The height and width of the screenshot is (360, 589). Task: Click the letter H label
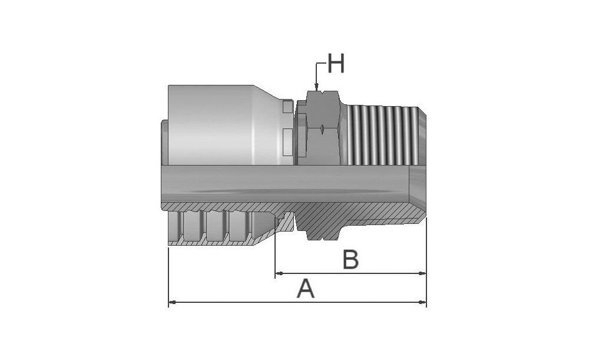pos(336,64)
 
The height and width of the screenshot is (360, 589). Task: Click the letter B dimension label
pos(351,259)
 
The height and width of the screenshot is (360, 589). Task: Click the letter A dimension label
pos(306,289)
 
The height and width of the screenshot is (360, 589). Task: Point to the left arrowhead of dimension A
pos(172,302)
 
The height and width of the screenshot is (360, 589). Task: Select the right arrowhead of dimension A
pos(422,302)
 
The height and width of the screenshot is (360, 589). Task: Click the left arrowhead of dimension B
pos(279,273)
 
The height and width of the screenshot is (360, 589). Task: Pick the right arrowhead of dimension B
pos(422,273)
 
